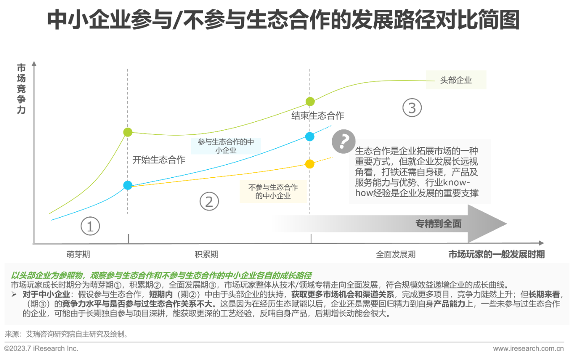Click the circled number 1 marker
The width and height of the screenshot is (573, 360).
point(90,227)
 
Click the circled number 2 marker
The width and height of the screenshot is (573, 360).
point(209,202)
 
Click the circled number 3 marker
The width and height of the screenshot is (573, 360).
point(412,108)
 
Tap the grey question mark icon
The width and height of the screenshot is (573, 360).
point(343,142)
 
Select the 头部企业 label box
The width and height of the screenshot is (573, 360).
point(456,81)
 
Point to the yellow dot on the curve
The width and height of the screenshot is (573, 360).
point(309,164)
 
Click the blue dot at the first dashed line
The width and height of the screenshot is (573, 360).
point(128,185)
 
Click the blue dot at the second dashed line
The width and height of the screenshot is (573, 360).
point(309,137)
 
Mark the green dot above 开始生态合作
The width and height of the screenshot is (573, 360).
point(128,132)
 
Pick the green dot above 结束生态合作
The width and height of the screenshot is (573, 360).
point(310,102)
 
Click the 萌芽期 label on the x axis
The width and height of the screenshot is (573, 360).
point(78,254)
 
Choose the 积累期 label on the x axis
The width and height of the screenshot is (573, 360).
point(207,254)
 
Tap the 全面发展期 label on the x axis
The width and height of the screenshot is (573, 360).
point(396,254)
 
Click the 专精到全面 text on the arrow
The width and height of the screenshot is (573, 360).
point(438,224)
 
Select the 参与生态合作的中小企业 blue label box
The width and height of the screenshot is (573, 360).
point(226,146)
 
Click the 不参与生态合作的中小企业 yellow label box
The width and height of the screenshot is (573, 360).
point(273,191)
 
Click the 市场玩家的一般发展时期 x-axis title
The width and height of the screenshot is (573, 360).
point(496,254)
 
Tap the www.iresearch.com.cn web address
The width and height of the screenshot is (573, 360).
point(528,348)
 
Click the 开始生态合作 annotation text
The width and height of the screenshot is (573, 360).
point(159,160)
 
